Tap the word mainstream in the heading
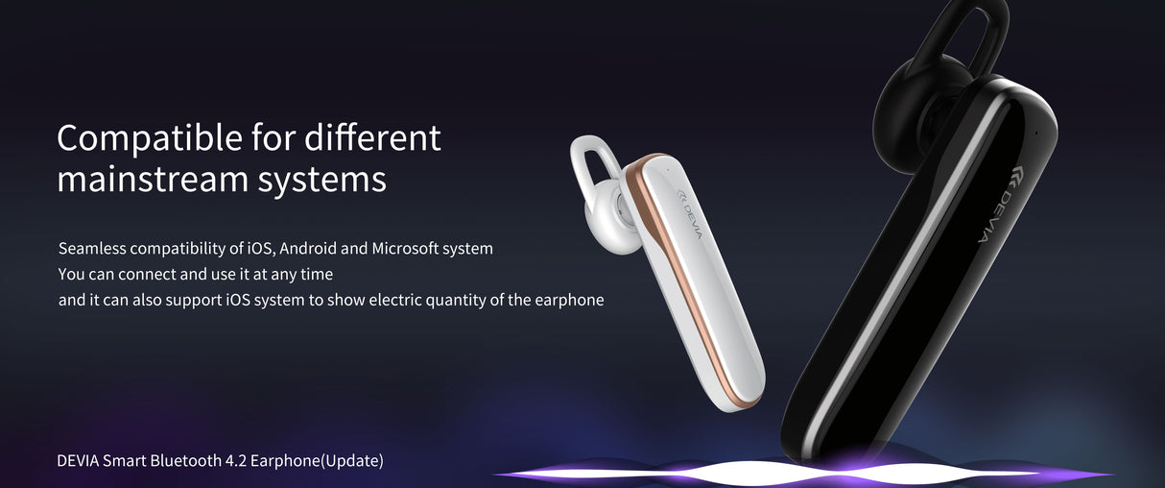(x=154, y=180)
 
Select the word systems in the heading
(x=323, y=180)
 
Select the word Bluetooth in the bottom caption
(x=184, y=461)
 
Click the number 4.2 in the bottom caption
(x=235, y=461)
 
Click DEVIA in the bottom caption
(x=79, y=461)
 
